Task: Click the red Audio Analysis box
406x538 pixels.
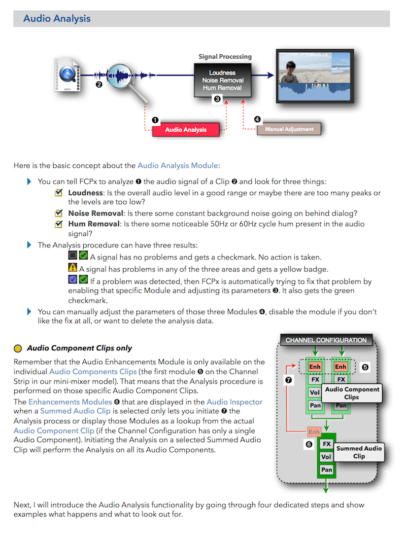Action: [x=186, y=130]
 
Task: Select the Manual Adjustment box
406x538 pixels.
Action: [x=289, y=129]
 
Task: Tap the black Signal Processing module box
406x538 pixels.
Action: [x=223, y=80]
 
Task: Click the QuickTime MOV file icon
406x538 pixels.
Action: [x=67, y=75]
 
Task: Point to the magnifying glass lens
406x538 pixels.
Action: [x=119, y=76]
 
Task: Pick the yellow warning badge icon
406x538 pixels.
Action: [x=73, y=267]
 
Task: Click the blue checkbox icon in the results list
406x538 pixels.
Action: [x=73, y=279]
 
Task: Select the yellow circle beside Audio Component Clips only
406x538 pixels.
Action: [x=18, y=348]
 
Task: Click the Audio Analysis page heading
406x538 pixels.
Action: [x=57, y=19]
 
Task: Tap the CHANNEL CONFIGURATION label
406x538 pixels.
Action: [x=326, y=340]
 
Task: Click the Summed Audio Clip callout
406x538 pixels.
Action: [x=359, y=452]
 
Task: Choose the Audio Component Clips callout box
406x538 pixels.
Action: [x=352, y=393]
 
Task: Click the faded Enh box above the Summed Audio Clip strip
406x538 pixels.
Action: [x=314, y=432]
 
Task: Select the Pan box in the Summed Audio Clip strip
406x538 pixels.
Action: [x=326, y=470]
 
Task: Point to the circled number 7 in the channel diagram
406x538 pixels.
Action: [x=289, y=380]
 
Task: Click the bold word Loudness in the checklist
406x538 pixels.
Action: [x=86, y=193]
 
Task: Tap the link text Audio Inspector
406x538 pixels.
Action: [x=234, y=402]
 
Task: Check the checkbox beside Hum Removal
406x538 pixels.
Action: [x=59, y=224]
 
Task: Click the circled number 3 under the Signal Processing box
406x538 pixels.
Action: [x=217, y=99]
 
